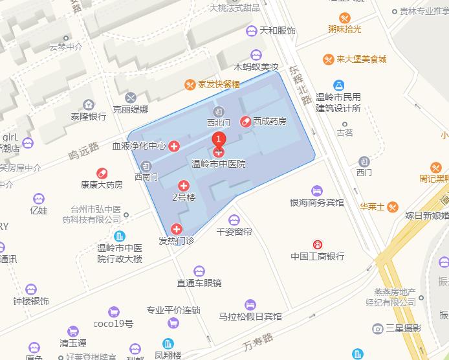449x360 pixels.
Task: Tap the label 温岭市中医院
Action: click(x=219, y=164)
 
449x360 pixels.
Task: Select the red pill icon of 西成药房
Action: click(x=246, y=121)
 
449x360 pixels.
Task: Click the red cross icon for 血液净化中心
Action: click(x=174, y=147)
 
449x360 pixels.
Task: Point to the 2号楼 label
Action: click(x=183, y=197)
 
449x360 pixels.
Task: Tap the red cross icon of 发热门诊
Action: click(x=177, y=229)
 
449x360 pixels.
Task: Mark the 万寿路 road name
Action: click(x=259, y=339)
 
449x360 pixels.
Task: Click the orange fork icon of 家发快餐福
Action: click(x=190, y=84)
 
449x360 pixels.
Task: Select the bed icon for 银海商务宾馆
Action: click(x=316, y=190)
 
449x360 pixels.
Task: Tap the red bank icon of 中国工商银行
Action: click(x=318, y=244)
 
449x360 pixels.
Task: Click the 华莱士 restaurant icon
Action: click(x=393, y=207)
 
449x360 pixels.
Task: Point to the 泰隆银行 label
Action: click(x=89, y=117)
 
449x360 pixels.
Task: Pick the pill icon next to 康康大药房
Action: click(x=102, y=173)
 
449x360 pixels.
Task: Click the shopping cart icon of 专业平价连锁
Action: click(x=173, y=323)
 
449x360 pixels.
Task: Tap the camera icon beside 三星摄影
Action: click(x=378, y=329)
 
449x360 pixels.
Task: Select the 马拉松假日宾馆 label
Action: click(x=250, y=317)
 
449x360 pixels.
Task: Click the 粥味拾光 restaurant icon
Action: click(x=345, y=18)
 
